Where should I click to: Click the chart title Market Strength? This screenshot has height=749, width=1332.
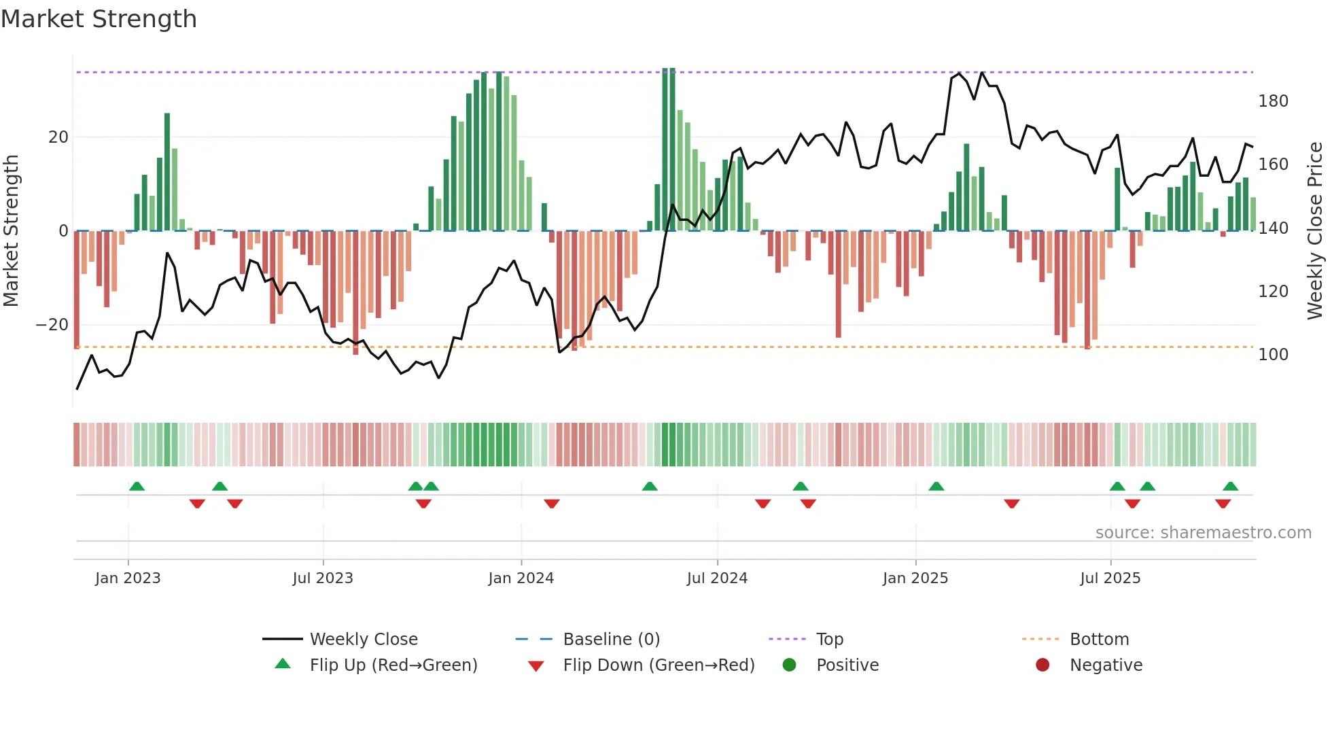[x=99, y=19]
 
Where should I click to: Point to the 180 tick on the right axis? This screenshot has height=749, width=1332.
[x=1273, y=101]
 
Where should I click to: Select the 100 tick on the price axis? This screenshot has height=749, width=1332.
[x=1273, y=355]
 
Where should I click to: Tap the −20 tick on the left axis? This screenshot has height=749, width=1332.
[x=52, y=325]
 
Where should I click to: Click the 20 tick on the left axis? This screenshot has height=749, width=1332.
[x=58, y=137]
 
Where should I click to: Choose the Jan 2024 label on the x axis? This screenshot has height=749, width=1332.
[x=521, y=578]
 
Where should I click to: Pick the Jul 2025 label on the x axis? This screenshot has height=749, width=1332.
[x=1110, y=578]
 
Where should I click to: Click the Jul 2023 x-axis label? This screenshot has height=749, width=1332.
[x=323, y=578]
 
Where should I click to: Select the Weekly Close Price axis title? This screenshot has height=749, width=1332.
[x=1315, y=231]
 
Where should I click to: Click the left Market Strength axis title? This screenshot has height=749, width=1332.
[x=11, y=231]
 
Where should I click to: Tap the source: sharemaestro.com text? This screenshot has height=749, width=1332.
[x=1203, y=533]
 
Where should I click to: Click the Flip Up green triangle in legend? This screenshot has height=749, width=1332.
[x=283, y=664]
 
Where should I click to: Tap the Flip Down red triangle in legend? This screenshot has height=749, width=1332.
[x=536, y=666]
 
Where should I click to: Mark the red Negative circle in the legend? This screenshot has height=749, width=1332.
[x=1042, y=665]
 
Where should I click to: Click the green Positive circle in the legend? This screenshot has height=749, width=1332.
[x=789, y=665]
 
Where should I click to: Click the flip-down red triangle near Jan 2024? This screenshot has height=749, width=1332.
[x=552, y=504]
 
